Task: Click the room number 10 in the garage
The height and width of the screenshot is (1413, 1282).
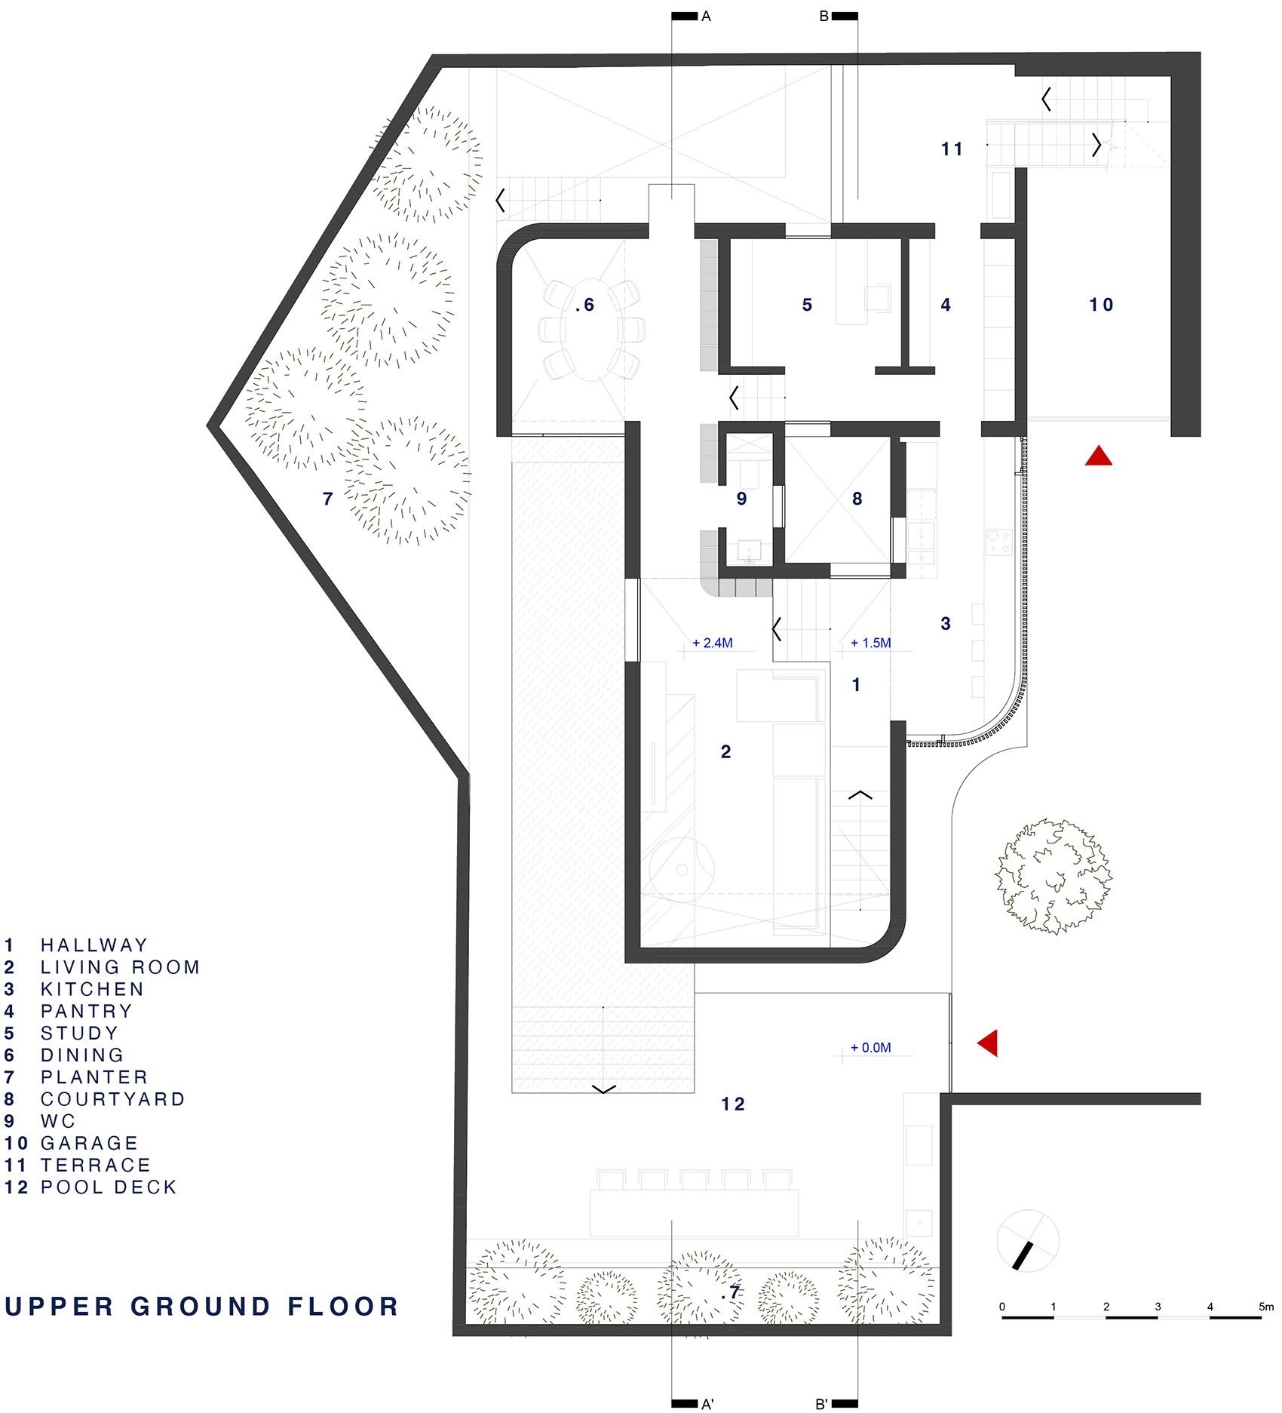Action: tap(1100, 305)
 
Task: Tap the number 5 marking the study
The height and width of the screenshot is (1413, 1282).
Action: tap(807, 305)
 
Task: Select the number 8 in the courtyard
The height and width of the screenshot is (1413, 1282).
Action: tap(857, 499)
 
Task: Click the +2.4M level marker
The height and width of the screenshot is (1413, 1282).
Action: tap(713, 644)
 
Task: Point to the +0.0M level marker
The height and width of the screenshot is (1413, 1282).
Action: tap(871, 1048)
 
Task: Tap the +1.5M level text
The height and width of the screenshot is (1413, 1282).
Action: tap(871, 644)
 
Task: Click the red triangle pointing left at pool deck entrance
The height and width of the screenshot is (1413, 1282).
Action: tap(989, 1043)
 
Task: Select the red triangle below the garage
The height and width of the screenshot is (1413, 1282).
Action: tap(1098, 456)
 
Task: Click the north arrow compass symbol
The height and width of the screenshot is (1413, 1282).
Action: tap(1027, 1241)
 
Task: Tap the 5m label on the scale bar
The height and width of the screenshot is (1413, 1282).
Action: tap(1265, 1307)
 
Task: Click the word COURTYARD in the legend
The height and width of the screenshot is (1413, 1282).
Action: tap(112, 1099)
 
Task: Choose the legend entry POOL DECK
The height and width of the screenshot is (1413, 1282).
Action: tap(109, 1187)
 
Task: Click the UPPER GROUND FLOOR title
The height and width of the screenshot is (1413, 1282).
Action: tap(201, 1307)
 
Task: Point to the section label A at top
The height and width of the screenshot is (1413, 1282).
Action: tap(706, 16)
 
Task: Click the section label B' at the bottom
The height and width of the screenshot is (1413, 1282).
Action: tap(822, 1404)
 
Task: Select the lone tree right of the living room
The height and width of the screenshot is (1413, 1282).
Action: tap(1054, 877)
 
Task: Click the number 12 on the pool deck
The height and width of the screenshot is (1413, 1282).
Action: tap(732, 1104)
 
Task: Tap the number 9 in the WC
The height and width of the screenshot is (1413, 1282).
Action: tap(741, 499)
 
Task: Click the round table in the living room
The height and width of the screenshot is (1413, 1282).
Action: tap(682, 869)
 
